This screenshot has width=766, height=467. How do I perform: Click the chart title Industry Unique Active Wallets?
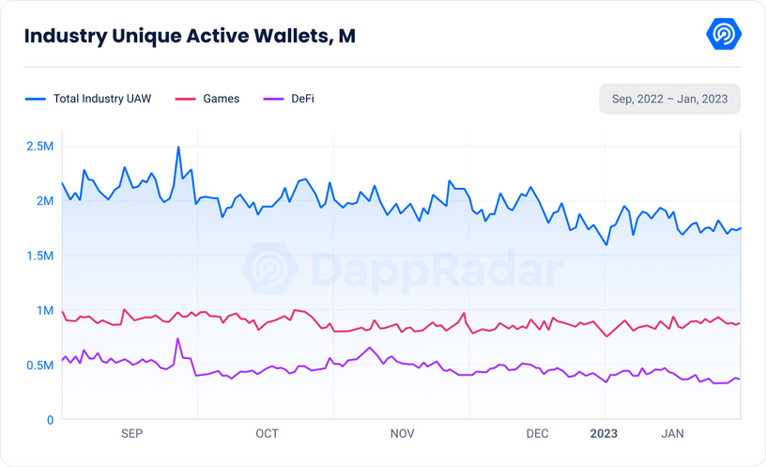(189, 37)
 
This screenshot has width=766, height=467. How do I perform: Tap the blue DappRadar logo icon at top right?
(724, 35)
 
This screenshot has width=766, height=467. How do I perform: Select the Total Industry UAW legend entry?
(88, 99)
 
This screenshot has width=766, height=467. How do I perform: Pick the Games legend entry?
(208, 99)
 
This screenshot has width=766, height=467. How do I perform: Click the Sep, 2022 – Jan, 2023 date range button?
(669, 99)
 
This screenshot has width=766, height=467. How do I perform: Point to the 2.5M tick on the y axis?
(39, 147)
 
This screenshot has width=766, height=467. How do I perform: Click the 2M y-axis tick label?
(44, 201)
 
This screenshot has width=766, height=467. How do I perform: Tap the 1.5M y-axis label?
(39, 256)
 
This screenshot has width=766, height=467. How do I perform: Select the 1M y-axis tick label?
(44, 311)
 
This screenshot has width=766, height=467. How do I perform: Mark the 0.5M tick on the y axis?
(39, 366)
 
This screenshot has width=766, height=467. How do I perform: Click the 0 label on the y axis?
(50, 420)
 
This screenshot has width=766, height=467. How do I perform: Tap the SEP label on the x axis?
(132, 433)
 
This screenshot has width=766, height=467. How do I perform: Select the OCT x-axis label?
(267, 433)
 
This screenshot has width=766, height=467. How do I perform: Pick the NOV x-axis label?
(402, 433)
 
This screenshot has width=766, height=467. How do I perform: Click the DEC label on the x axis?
(537, 433)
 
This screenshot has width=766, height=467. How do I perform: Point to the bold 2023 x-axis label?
(605, 433)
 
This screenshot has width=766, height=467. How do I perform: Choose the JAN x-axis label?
(672, 433)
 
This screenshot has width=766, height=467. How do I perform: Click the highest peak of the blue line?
(178, 148)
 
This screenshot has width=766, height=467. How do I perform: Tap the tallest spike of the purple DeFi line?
(177, 339)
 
